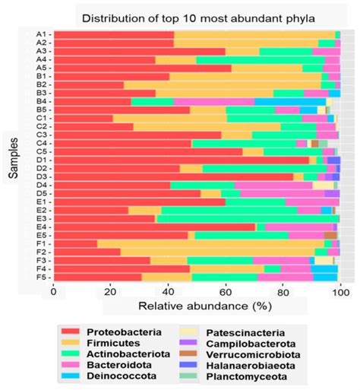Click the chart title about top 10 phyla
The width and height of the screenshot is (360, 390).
pos(205,17)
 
